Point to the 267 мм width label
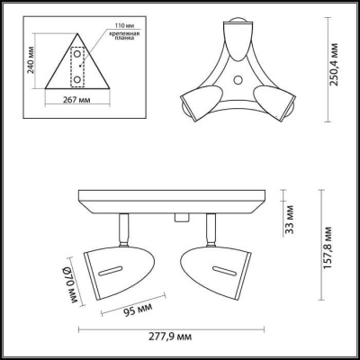[75, 103]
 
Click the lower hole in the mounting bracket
[77, 78]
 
